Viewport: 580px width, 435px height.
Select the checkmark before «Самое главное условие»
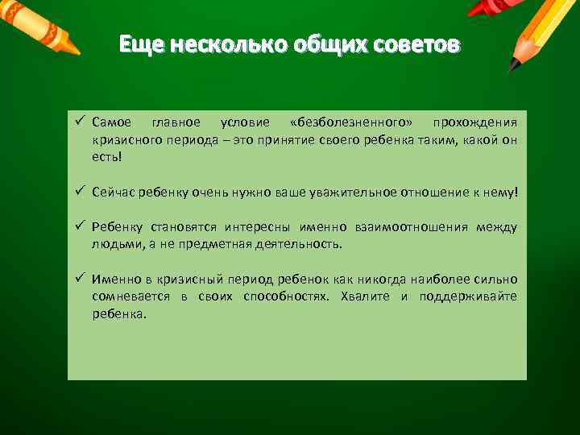coord(81,122)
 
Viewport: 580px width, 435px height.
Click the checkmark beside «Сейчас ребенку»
coord(81,193)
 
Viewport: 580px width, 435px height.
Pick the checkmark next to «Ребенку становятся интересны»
coord(81,228)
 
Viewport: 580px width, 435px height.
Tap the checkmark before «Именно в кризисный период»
coord(81,280)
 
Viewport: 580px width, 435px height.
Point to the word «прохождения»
coord(475,122)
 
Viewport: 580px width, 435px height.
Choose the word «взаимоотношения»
coord(412,228)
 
